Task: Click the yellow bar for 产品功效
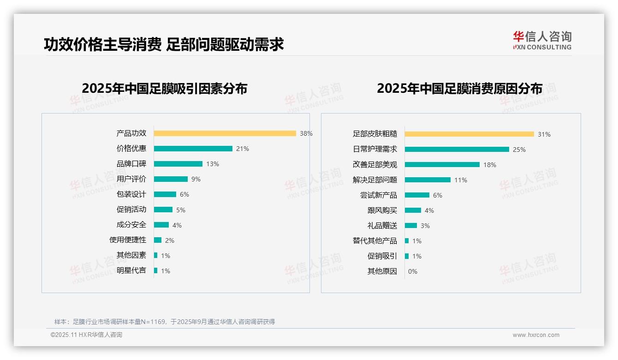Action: [x=225, y=133]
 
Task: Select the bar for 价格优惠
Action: [x=193, y=149]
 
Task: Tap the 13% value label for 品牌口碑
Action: [x=213, y=164]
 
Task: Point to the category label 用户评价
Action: [x=131, y=179]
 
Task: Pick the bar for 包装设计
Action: [x=165, y=194]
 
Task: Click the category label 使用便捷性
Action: [x=128, y=240]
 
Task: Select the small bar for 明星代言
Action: [x=156, y=270]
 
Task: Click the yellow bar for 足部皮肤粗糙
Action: [x=469, y=134]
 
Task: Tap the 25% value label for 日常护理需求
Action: [x=519, y=150]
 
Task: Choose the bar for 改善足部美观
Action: [x=442, y=165]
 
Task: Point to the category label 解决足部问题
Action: [x=375, y=180]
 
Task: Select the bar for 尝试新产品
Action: [x=417, y=195]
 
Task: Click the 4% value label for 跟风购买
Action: [x=429, y=210]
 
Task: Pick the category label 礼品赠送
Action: [x=382, y=226]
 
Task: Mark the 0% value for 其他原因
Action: [x=413, y=271]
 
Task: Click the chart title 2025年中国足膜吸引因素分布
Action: [x=164, y=88]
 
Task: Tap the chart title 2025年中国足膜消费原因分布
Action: [x=459, y=88]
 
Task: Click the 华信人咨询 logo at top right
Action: [x=542, y=40]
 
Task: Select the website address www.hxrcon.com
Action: [x=536, y=335]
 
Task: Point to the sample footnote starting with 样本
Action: [x=165, y=322]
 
